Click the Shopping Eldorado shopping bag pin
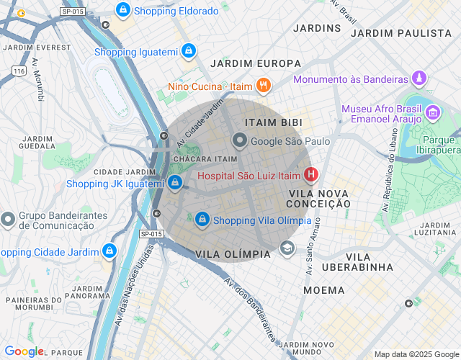point(123,10)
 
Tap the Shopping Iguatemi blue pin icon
point(188,51)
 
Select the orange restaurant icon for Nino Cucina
point(263,86)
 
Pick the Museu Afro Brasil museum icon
point(433,112)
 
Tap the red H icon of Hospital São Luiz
point(311,174)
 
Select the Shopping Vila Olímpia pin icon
point(203,219)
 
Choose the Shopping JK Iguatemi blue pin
point(175,183)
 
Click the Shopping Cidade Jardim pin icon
point(109,251)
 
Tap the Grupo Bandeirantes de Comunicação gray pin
point(8,218)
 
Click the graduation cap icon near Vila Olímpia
point(287,248)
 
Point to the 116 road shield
point(19,71)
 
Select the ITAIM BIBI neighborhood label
point(273,123)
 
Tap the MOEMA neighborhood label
point(318,289)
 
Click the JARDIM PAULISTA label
point(400,33)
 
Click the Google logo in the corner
point(24,351)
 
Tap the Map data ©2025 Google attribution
point(416,354)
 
